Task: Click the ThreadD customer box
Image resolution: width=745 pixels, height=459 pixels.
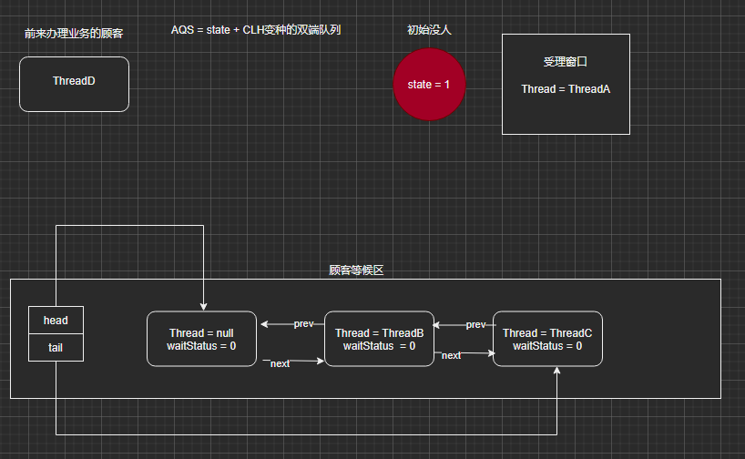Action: pyautogui.click(x=74, y=84)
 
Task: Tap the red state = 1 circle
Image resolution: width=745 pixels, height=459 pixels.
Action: pyautogui.click(x=429, y=85)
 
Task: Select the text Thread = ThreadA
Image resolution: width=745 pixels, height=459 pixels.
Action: pyautogui.click(x=566, y=89)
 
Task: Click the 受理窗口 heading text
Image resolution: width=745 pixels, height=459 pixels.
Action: pyautogui.click(x=566, y=62)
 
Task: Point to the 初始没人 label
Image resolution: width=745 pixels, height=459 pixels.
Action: pyautogui.click(x=429, y=30)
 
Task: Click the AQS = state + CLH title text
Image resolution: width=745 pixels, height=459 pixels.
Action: pyautogui.click(x=256, y=30)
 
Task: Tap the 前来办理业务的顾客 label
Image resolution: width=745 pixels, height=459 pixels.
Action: pyautogui.click(x=74, y=34)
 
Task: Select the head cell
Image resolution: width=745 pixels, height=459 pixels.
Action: pyautogui.click(x=56, y=321)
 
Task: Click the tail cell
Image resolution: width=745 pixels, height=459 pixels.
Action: pyautogui.click(x=56, y=348)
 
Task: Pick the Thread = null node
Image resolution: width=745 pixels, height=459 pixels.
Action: pyautogui.click(x=201, y=339)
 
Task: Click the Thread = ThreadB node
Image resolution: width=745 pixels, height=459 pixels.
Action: pyautogui.click(x=379, y=339)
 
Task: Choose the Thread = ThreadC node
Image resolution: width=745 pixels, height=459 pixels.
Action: pyautogui.click(x=547, y=339)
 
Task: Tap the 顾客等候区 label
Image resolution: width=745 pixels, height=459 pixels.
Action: pyautogui.click(x=356, y=270)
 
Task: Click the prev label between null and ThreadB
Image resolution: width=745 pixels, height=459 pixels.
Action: pyautogui.click(x=303, y=323)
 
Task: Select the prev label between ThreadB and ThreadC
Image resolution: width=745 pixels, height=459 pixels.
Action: pyautogui.click(x=475, y=324)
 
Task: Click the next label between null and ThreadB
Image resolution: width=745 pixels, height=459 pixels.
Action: pyautogui.click(x=280, y=363)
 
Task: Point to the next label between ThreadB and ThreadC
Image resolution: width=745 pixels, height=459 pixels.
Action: pyautogui.click(x=451, y=355)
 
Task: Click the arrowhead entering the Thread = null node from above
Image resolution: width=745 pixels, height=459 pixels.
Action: pyautogui.click(x=203, y=308)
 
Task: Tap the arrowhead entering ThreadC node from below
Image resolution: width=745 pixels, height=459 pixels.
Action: pyautogui.click(x=556, y=370)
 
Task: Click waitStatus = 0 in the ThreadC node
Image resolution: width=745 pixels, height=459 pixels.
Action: pyautogui.click(x=547, y=346)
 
